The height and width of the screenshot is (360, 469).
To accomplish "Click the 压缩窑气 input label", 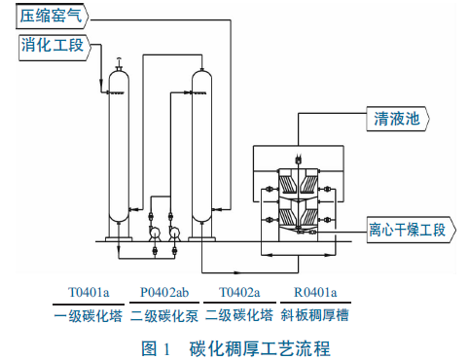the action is tap(52, 16).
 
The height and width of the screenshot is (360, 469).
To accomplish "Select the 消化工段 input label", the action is tap(54, 47).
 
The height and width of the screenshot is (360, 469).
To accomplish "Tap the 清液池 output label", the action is tap(398, 119).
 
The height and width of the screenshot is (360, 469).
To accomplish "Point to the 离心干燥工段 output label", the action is tap(411, 230).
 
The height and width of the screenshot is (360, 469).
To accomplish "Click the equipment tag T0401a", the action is tap(89, 292).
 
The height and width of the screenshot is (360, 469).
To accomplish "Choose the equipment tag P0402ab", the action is tap(164, 292).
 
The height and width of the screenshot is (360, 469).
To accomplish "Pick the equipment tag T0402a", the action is tap(239, 292).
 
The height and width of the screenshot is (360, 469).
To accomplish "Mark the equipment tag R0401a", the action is tap(315, 292).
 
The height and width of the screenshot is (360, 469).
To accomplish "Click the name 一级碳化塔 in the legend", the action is tap(89, 315).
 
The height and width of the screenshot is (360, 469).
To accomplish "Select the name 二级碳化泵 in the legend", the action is tap(164, 315).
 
